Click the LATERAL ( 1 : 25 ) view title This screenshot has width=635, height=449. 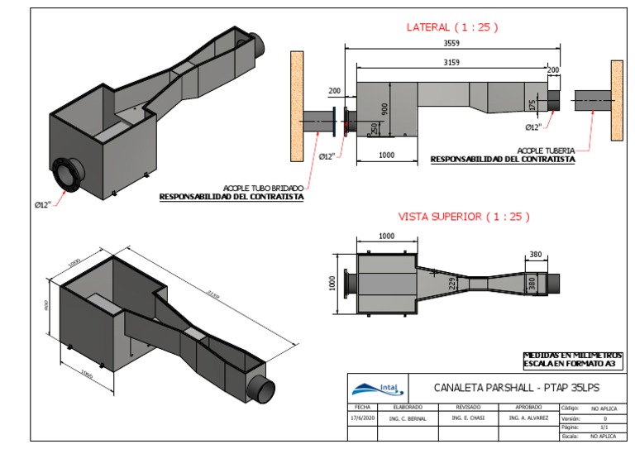pos(451,27)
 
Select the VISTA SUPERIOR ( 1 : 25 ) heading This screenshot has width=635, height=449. pos(464,217)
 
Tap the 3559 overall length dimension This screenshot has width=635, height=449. pos(451,47)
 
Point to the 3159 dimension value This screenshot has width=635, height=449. pos(451,63)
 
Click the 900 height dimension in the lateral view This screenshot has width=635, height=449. pos(384,108)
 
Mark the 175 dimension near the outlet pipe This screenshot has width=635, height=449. pos(532,105)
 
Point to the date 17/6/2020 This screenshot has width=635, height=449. pos(361,419)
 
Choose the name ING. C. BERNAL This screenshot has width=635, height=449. pos(408,419)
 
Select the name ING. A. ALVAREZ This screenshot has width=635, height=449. pos(528,419)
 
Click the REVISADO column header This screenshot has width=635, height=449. pos(468,408)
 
